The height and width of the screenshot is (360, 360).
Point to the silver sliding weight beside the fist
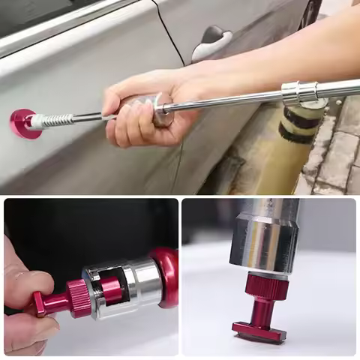tap(163, 109)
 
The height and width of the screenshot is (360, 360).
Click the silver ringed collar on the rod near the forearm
tap(298, 92)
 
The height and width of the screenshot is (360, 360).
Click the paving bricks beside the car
tap(337, 150)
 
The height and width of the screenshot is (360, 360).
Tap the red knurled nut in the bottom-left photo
tap(79, 298)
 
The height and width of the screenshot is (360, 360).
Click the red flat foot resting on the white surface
tap(259, 331)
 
